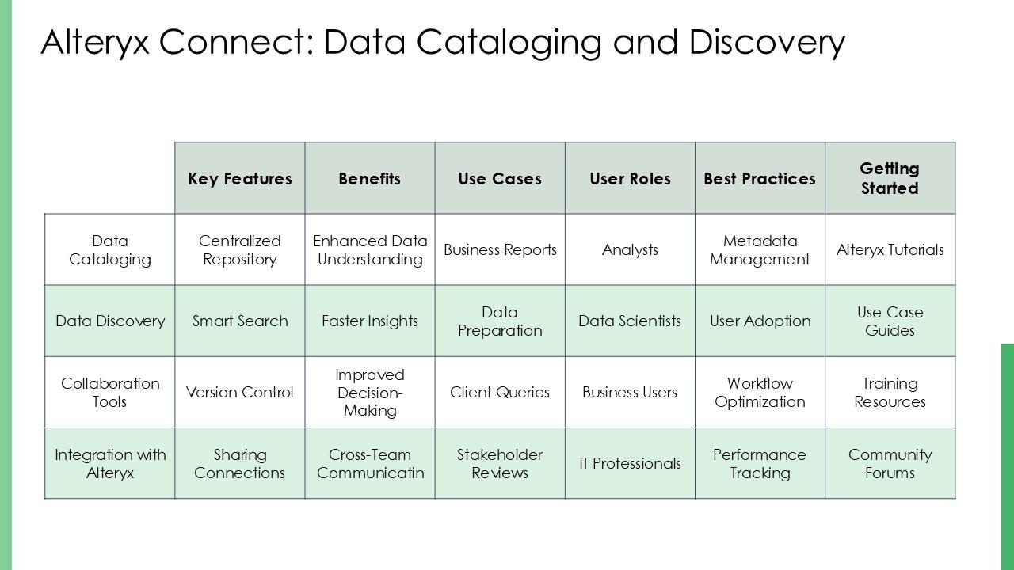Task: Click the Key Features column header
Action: (x=239, y=179)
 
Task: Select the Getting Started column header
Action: (x=890, y=179)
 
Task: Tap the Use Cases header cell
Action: (x=500, y=179)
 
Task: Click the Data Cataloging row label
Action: (x=109, y=250)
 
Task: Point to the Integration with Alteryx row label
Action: (x=109, y=464)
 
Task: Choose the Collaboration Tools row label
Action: (x=109, y=393)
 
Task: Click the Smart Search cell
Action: (x=239, y=321)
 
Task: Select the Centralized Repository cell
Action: (x=239, y=250)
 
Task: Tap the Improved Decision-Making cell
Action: (x=370, y=393)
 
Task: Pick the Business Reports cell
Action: (x=500, y=250)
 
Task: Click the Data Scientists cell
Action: (x=630, y=321)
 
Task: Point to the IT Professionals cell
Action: (x=630, y=464)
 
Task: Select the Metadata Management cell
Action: (x=760, y=250)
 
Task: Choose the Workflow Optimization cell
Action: (x=760, y=393)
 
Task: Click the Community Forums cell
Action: (x=890, y=464)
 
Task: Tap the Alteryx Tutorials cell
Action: (x=890, y=250)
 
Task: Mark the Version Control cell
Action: (x=239, y=393)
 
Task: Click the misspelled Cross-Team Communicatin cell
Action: (x=370, y=464)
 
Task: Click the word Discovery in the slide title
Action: (x=767, y=42)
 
